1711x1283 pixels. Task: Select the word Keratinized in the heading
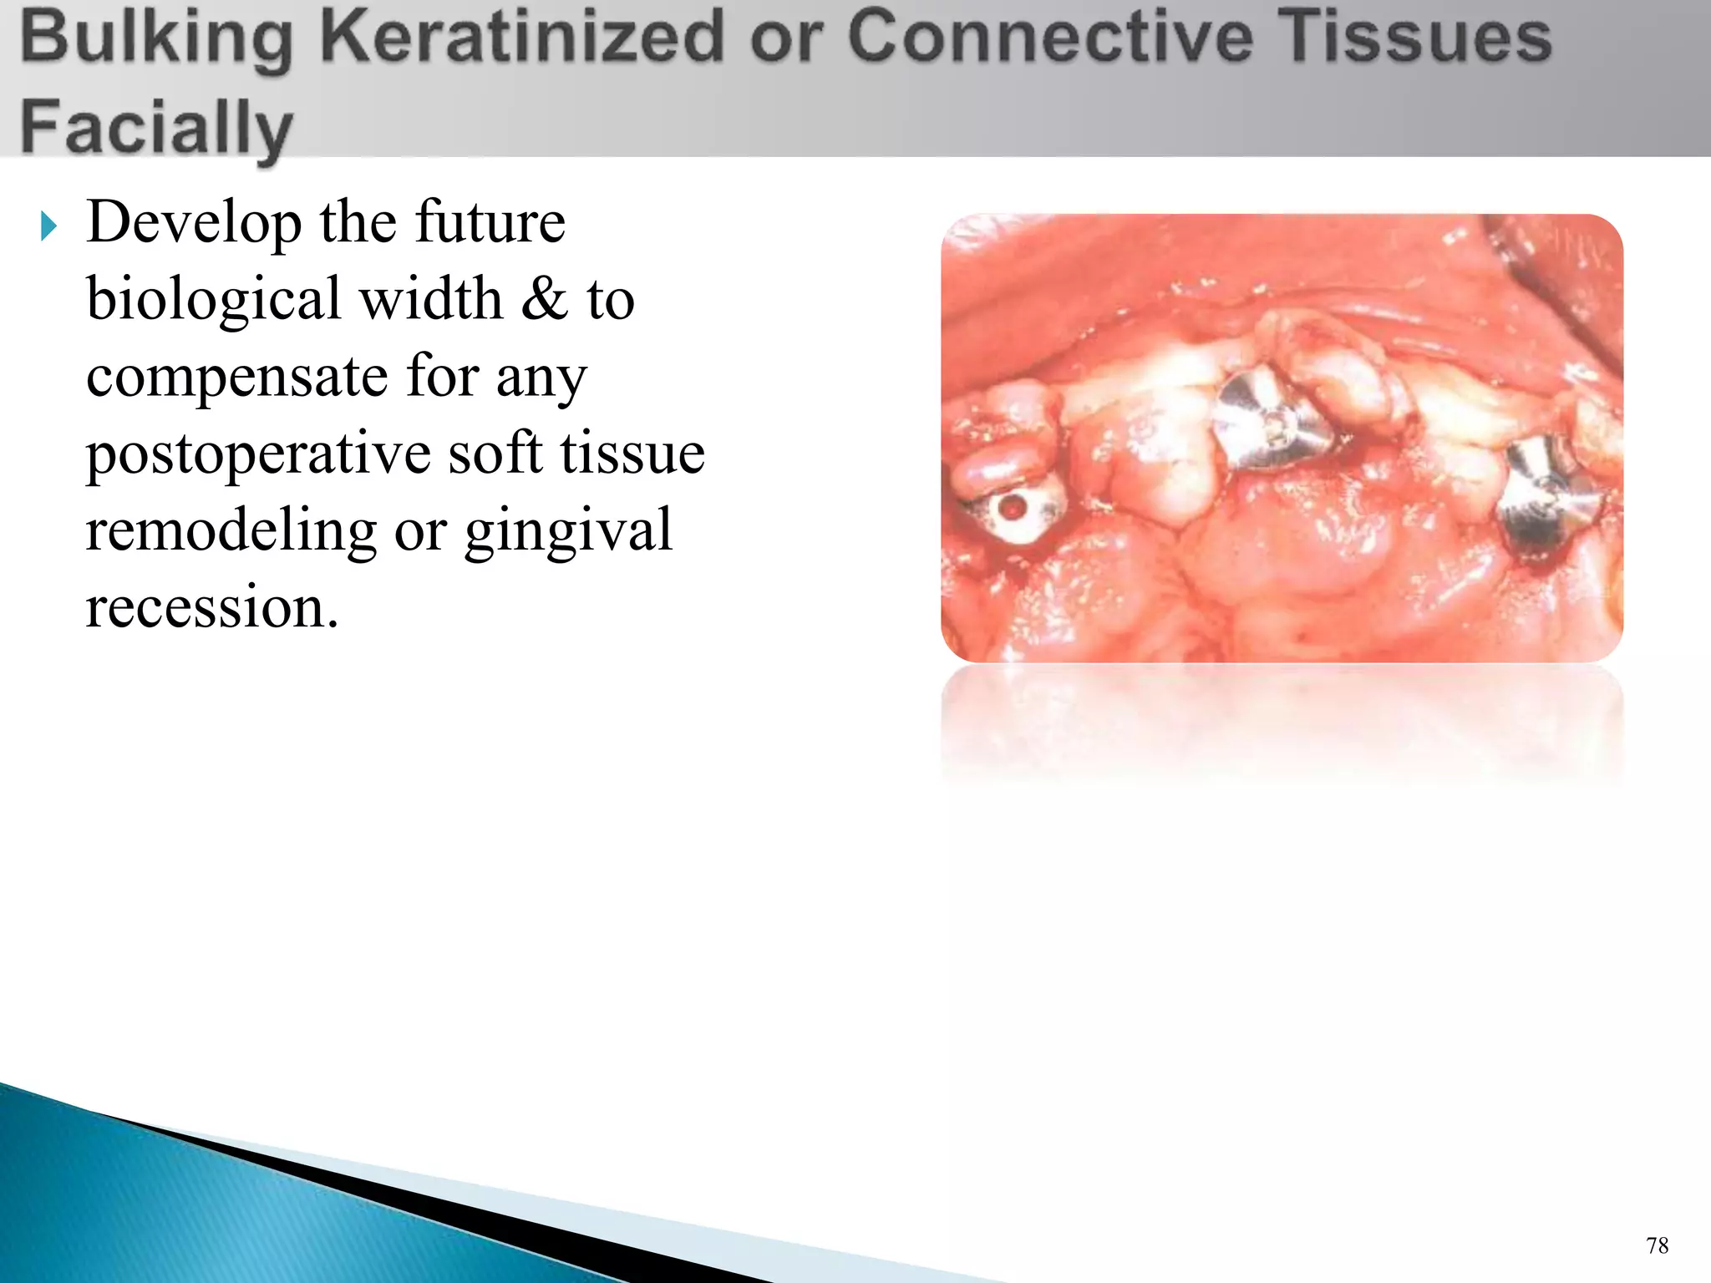(x=522, y=37)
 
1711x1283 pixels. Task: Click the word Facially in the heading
(x=156, y=127)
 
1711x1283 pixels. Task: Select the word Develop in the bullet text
(x=194, y=224)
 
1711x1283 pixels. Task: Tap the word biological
(x=214, y=299)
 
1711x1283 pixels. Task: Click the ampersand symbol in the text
(x=544, y=299)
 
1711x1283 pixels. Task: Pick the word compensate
(x=236, y=378)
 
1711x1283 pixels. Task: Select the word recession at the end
(x=212, y=607)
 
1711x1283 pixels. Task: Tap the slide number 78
(x=1657, y=1245)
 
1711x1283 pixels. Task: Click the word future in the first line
(x=490, y=224)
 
